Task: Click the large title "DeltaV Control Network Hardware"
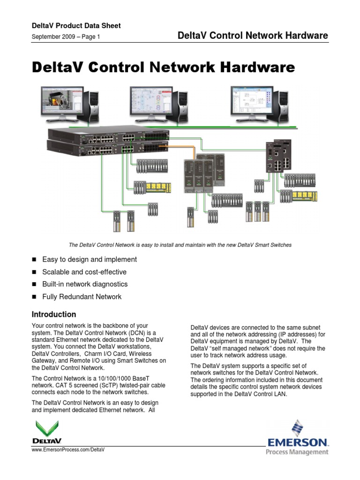163,68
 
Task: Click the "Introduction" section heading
53,315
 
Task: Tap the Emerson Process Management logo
298,438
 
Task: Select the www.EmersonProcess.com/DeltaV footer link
67,450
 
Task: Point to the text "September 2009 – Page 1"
66,37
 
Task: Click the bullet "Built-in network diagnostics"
85,284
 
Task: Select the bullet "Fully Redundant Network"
82,297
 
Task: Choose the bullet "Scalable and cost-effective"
84,272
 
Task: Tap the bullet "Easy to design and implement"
90,259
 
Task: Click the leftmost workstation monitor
61,101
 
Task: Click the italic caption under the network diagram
180,245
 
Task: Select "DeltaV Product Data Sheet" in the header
76,26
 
